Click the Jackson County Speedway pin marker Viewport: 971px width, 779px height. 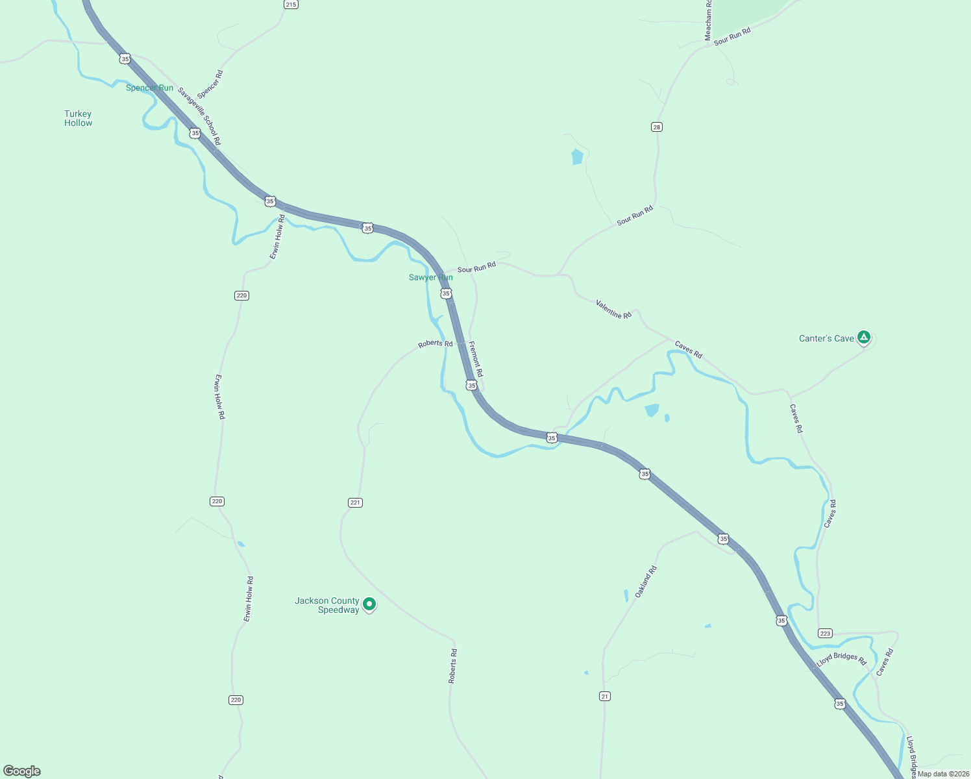(369, 604)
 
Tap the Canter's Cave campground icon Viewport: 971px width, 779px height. (863, 337)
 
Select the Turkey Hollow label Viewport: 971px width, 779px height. (78, 118)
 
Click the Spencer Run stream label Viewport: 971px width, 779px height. (149, 88)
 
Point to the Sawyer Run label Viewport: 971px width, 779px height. (430, 277)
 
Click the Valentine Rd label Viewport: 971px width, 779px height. (613, 309)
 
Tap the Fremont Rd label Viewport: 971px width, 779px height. (476, 360)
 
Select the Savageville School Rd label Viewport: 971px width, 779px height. (199, 116)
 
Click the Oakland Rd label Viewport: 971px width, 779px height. (646, 582)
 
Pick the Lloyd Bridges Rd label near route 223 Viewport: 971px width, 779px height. (841, 659)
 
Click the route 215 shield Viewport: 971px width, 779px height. (290, 5)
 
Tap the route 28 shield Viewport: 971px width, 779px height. (657, 127)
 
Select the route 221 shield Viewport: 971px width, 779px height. (355, 502)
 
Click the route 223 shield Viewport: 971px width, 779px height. (825, 634)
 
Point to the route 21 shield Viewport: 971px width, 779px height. (605, 696)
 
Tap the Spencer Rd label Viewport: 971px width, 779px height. (210, 84)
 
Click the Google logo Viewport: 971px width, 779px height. (22, 771)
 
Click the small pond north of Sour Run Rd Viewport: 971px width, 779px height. (577, 157)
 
